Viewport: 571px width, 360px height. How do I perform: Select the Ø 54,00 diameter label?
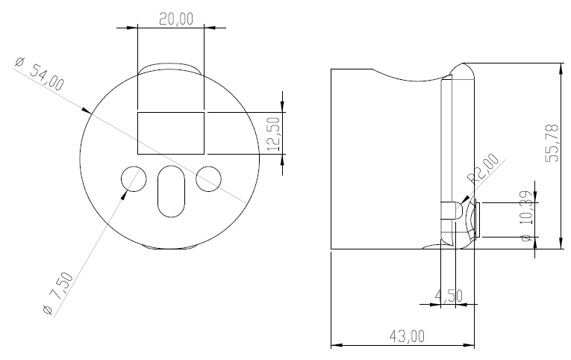point(39,75)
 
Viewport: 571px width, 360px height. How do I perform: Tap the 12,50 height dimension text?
point(273,133)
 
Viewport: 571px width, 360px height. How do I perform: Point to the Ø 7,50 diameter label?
point(57,294)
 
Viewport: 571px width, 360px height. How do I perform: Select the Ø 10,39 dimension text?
point(526,216)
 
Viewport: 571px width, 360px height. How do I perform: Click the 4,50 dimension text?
point(449,295)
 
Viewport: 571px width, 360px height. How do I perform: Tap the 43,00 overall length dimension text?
point(407,336)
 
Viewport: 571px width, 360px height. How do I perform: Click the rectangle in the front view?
point(171,132)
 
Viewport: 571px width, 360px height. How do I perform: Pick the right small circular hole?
point(209,178)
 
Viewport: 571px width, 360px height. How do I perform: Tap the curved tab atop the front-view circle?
point(171,68)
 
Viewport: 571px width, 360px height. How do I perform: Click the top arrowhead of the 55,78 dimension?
point(560,67)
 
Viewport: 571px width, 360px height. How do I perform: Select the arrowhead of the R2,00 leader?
point(466,199)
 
